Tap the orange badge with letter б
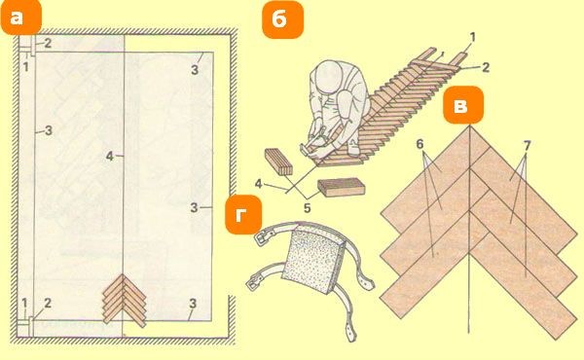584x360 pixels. coord(283,19)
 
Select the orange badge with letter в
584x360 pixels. coord(463,105)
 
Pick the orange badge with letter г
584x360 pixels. coord(243,214)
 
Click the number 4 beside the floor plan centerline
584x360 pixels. coord(109,157)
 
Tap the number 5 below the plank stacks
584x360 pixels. coord(307,208)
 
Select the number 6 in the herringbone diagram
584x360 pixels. coord(420,144)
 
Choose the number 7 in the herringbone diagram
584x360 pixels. coord(527,146)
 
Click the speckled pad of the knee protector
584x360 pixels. coord(313,260)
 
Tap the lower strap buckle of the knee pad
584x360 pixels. coord(254,283)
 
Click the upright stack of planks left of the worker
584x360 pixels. coord(278,162)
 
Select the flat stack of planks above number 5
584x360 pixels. coord(341,187)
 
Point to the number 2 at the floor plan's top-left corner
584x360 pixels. coord(48,43)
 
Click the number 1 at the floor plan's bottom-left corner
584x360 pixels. coord(24,304)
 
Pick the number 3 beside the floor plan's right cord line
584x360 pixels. coord(194,207)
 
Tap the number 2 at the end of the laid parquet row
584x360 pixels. coord(486,67)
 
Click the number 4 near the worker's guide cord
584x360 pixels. coord(259,184)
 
